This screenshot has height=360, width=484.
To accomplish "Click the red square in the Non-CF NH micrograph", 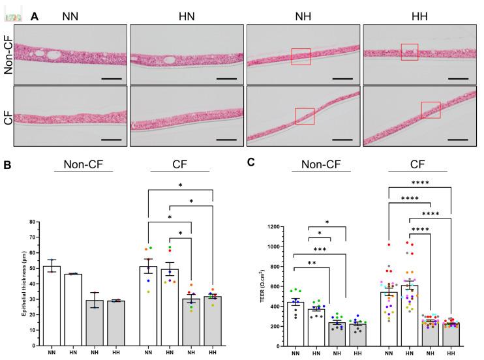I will pos(301,57).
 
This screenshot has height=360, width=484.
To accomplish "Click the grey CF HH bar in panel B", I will pos(213,320).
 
